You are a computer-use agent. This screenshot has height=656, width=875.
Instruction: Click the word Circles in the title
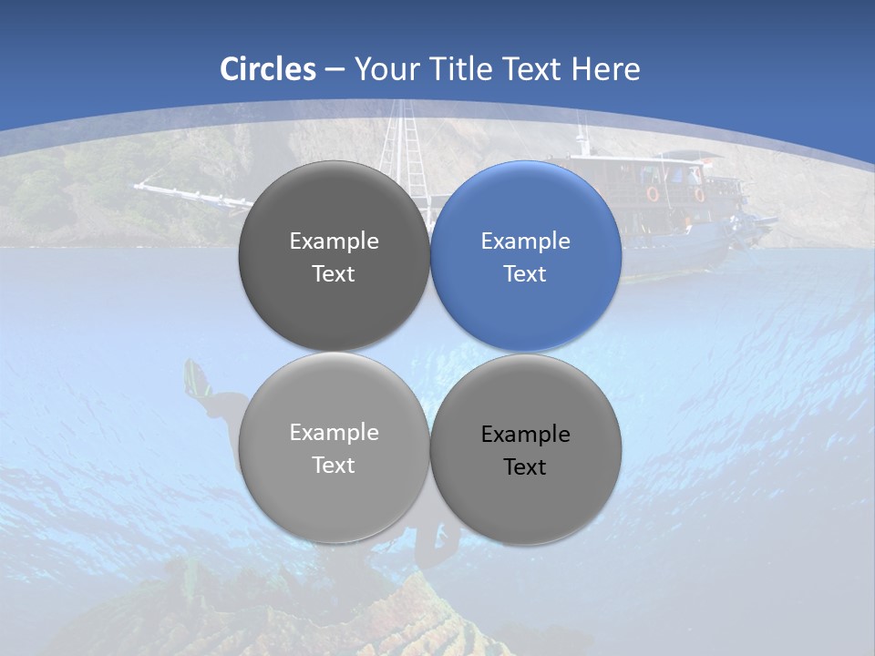268,69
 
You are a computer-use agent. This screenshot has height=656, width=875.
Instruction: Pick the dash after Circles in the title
335,70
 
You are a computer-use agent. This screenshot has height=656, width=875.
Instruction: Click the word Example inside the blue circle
525,241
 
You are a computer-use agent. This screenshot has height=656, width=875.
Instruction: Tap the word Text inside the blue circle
525,274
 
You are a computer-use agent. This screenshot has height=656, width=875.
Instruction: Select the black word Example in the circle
525,435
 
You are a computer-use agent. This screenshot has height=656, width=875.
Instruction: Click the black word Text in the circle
525,467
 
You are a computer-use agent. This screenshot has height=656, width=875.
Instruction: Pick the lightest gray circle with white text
334,448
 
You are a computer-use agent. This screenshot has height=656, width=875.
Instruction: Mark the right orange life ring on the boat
699,193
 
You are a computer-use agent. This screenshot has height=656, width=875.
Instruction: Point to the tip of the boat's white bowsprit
137,186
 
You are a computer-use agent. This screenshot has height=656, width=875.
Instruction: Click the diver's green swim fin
193,377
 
